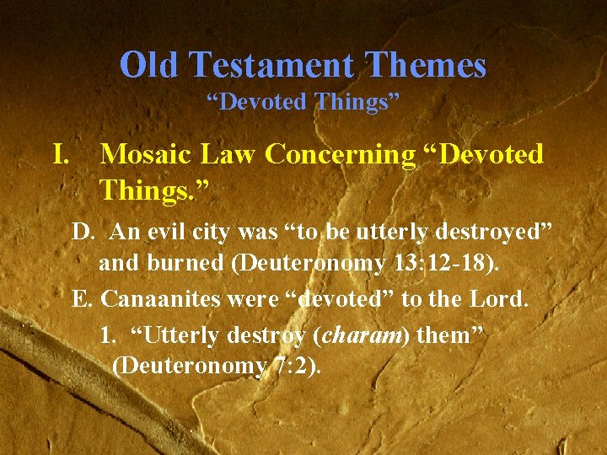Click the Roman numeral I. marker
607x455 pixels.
(61, 154)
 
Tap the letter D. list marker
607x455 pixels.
(83, 232)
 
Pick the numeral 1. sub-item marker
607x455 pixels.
(107, 335)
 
